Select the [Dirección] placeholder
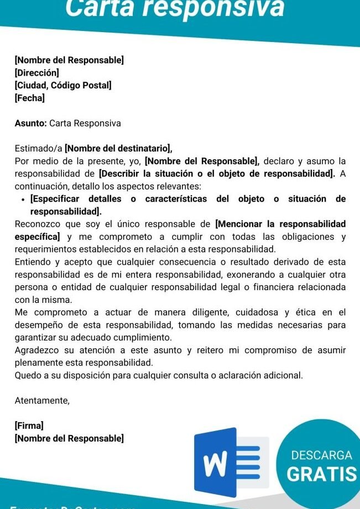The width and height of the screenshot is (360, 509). (37, 72)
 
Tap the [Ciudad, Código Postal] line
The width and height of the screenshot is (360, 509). (63, 85)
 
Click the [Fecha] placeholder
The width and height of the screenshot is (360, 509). (30, 98)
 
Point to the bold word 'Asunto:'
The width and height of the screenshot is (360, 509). (31, 123)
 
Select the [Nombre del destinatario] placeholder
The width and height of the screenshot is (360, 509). (118, 148)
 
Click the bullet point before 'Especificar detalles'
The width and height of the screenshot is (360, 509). (23, 200)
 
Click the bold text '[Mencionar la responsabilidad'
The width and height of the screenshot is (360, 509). (280, 224)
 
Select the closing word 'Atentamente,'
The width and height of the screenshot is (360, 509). (42, 401)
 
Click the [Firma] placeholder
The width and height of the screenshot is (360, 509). (29, 426)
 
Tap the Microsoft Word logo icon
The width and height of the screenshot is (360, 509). (232, 463)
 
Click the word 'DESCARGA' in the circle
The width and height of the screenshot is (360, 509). (321, 456)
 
